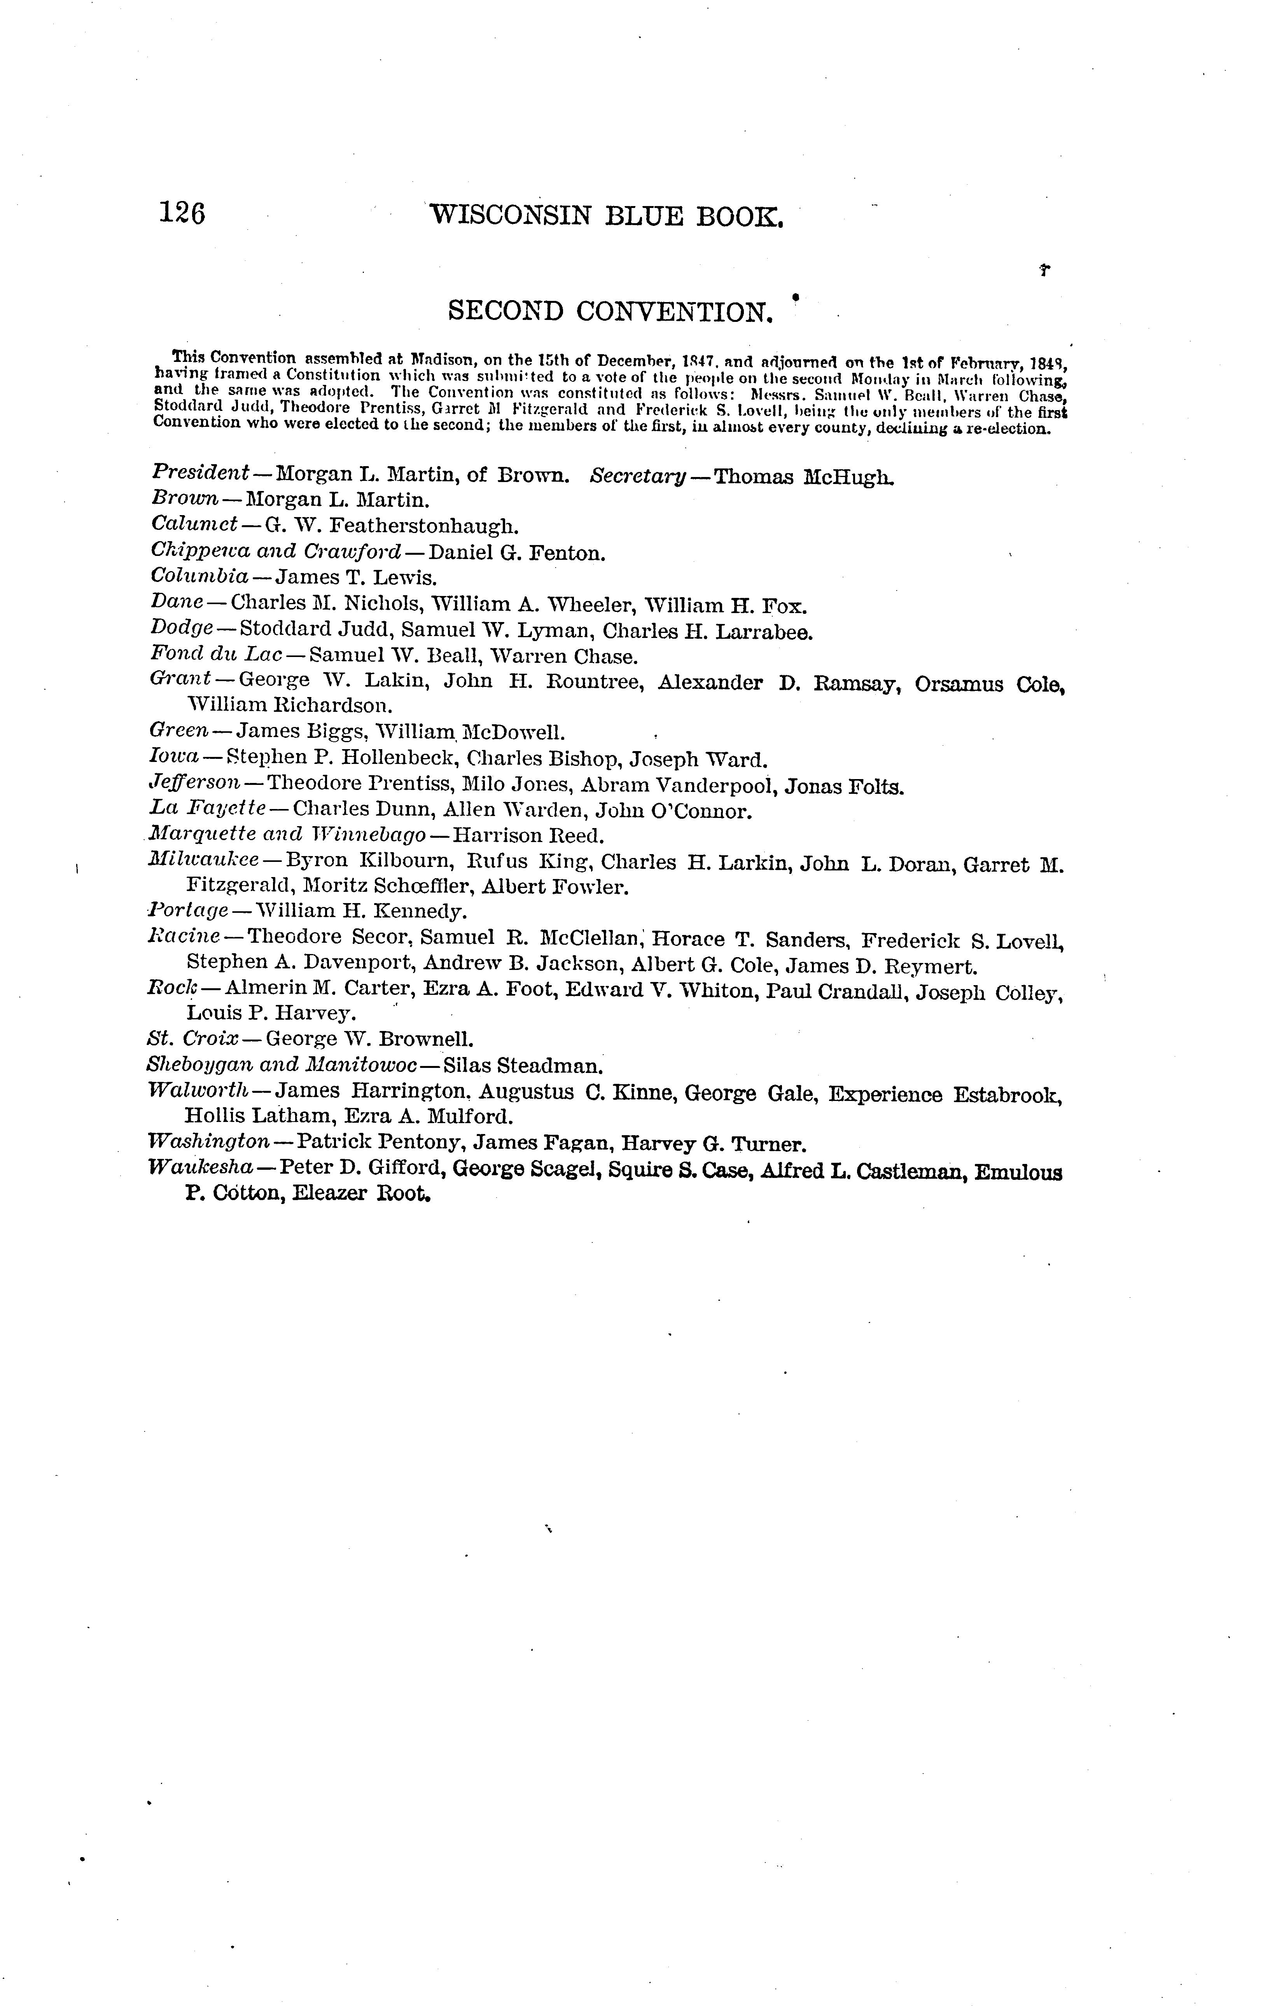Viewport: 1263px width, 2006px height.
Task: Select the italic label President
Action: point(200,472)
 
